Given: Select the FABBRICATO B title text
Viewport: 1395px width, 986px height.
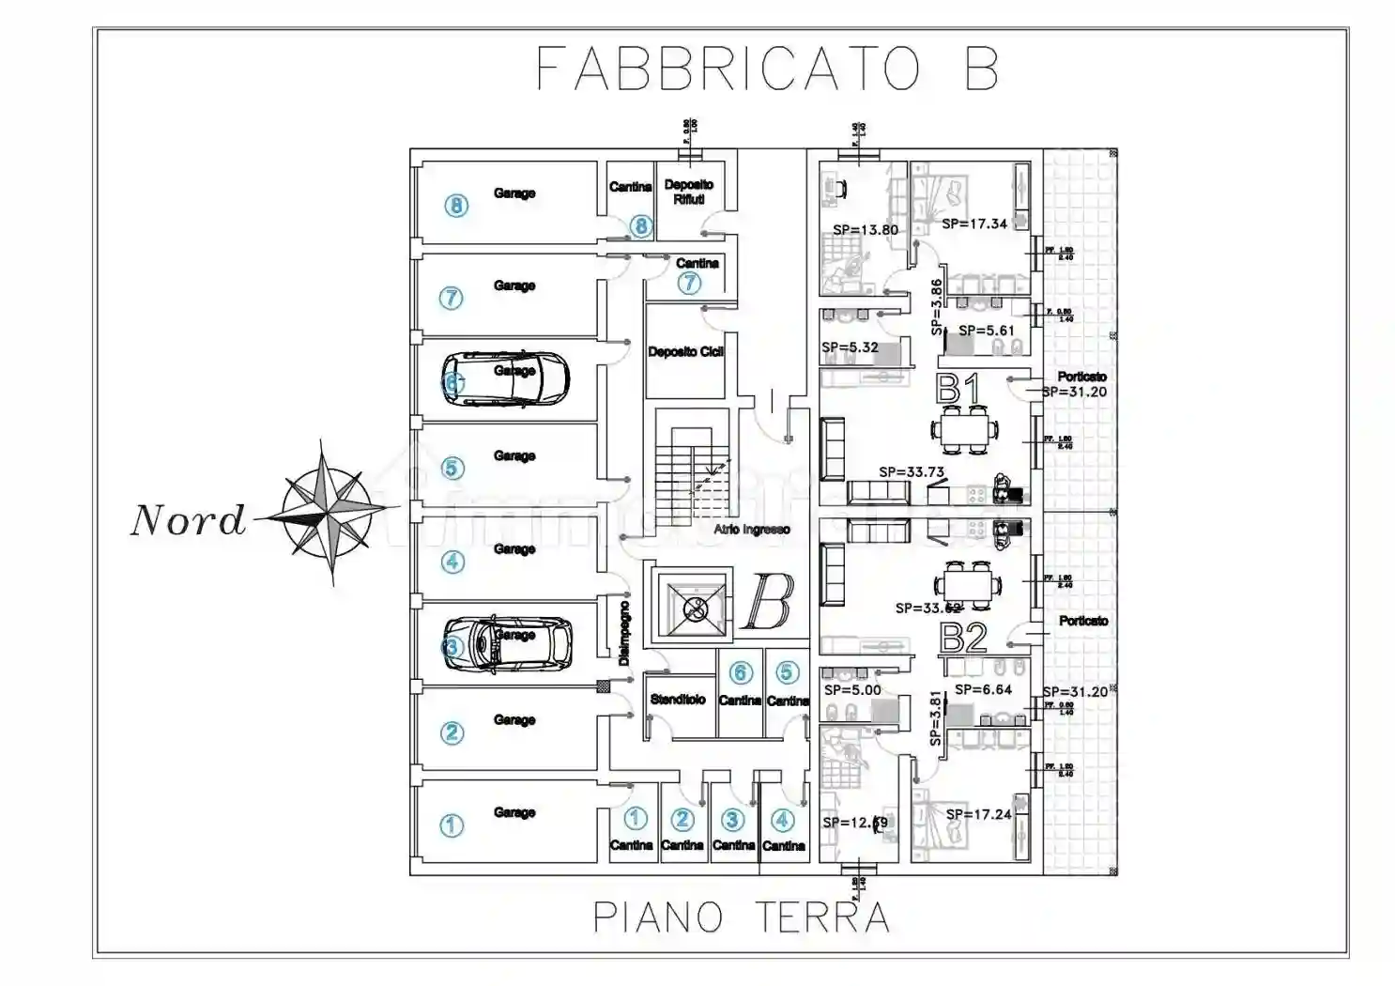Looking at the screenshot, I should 766,69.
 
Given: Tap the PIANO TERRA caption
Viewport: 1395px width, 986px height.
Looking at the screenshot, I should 741,917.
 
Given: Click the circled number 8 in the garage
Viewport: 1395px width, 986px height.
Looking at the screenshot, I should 456,205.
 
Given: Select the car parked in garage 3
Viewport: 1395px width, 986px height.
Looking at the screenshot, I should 508,643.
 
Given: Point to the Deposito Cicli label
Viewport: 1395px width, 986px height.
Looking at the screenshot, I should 685,352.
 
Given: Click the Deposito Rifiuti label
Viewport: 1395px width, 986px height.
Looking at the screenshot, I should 688,192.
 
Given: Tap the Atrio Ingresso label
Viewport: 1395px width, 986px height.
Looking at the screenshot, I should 751,530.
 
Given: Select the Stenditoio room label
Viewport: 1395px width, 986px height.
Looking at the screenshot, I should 678,700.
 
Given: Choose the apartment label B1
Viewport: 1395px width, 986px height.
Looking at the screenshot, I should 958,389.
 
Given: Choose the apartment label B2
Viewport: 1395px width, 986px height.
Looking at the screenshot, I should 963,639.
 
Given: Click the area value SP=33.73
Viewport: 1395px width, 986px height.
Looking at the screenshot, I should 911,472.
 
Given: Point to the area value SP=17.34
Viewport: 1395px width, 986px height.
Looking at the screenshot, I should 973,223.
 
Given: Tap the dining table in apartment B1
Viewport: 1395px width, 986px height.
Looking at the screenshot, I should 965,430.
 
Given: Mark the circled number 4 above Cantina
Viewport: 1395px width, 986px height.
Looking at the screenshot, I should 782,820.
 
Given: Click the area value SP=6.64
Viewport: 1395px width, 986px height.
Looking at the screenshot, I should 983,689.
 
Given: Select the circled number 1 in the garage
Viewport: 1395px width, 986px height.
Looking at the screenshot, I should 452,825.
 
